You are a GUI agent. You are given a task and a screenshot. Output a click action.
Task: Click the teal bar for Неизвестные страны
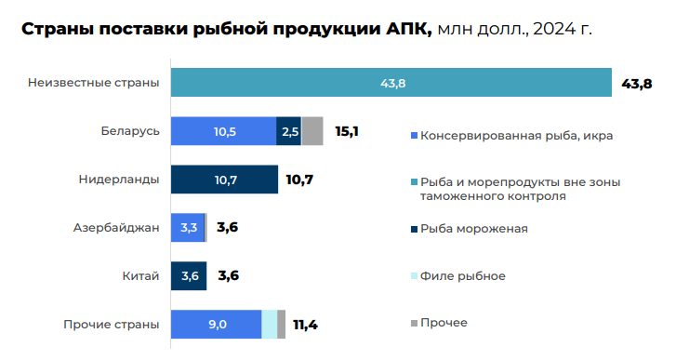click(x=391, y=84)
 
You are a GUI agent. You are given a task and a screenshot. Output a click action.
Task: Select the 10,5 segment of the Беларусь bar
click(x=223, y=132)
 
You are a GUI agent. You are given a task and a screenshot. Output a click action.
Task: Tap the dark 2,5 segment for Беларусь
click(x=289, y=132)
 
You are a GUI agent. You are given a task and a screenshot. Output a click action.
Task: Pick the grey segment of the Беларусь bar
click(x=312, y=132)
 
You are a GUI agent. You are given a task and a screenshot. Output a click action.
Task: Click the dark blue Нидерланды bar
click(x=224, y=180)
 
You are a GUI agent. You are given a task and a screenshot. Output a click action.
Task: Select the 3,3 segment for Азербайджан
click(x=187, y=228)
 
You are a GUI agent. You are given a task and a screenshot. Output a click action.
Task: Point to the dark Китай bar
click(x=189, y=276)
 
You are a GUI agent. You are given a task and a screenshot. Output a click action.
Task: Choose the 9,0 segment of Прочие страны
click(x=216, y=325)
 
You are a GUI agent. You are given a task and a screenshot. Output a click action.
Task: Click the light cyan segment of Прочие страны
click(x=269, y=325)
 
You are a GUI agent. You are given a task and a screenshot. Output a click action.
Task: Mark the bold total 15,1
click(x=347, y=132)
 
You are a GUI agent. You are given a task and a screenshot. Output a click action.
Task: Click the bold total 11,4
click(x=306, y=325)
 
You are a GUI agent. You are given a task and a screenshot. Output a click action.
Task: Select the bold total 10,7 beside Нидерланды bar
click(x=299, y=180)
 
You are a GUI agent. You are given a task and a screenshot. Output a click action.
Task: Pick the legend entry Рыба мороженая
click(x=474, y=229)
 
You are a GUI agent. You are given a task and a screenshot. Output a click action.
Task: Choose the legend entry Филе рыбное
click(x=463, y=276)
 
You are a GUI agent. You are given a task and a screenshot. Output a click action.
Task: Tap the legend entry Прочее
click(x=444, y=323)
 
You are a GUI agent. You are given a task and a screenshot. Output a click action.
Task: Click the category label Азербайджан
click(x=116, y=228)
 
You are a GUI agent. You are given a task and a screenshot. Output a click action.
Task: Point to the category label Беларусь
click(x=130, y=132)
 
